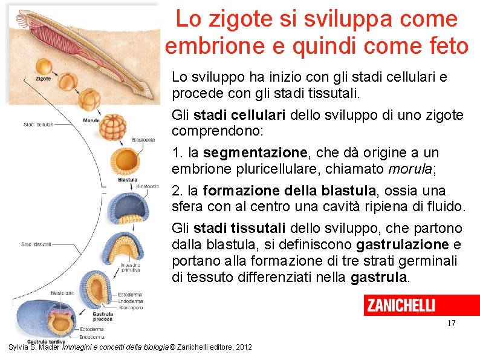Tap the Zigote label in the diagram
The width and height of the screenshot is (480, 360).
(43, 79)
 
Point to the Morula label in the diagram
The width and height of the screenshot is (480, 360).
(91, 120)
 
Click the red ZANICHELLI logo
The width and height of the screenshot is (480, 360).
(421, 306)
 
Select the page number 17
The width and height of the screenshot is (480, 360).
(451, 324)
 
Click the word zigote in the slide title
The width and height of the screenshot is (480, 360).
(237, 19)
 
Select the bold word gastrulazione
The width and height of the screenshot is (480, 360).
(403, 244)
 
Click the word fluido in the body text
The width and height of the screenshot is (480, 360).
(445, 207)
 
